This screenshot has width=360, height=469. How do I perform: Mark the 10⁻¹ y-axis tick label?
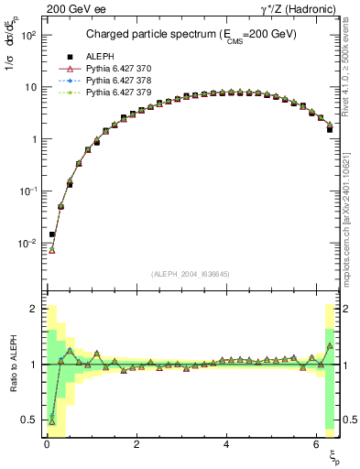(28, 191)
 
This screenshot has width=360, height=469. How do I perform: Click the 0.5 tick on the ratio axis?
(28, 420)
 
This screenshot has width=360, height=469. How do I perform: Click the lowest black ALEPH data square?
(52, 234)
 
